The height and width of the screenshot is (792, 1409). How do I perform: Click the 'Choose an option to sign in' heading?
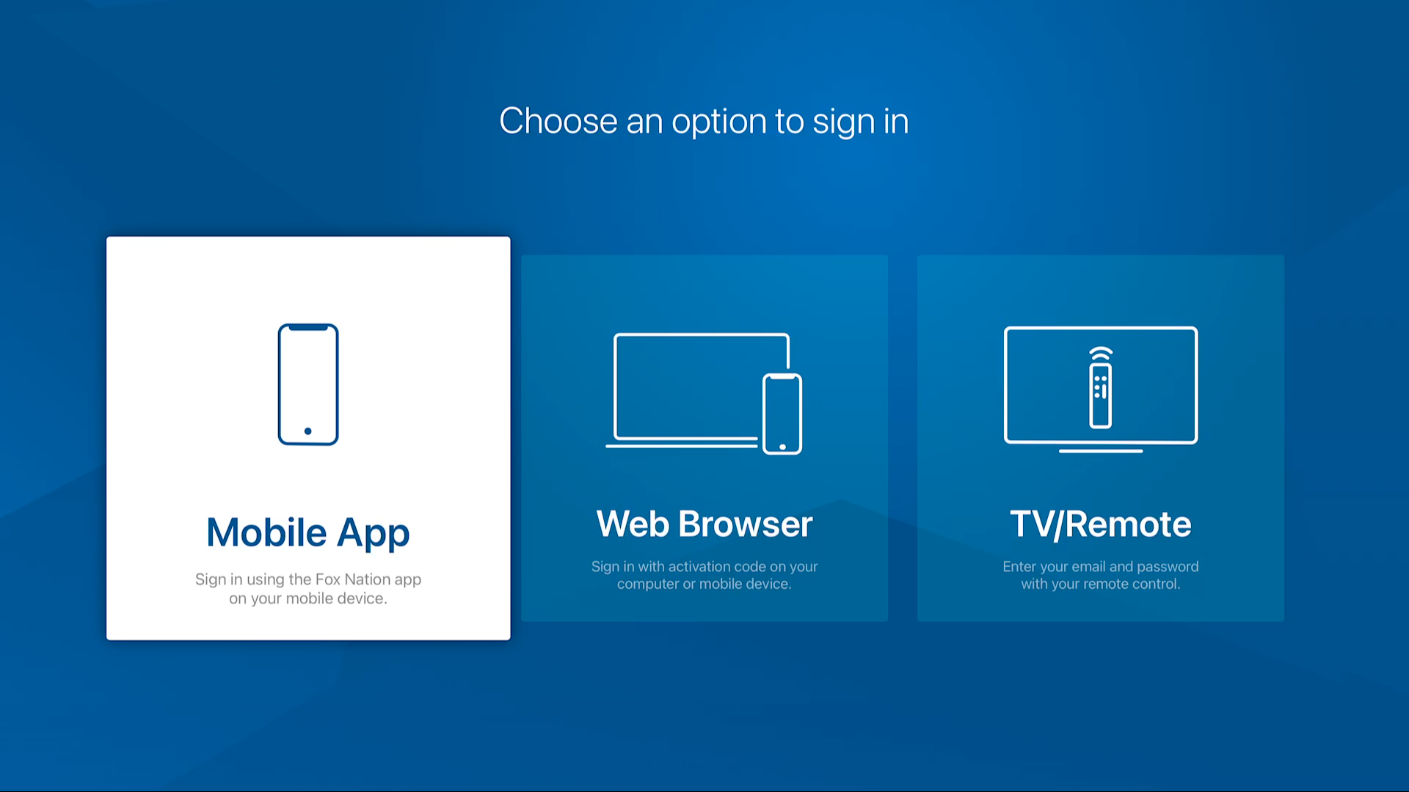[704, 121]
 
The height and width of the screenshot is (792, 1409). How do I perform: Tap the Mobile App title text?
[308, 533]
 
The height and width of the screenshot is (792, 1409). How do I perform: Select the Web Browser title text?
[704, 524]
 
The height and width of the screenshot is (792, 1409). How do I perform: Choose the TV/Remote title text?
[1101, 524]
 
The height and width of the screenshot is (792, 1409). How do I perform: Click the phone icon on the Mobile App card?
[308, 384]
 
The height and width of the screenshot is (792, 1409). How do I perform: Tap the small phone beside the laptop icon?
[782, 414]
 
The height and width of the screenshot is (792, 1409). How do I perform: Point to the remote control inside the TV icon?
[1100, 396]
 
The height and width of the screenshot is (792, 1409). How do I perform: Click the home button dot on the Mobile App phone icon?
[308, 431]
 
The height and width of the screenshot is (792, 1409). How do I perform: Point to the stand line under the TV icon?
[1101, 451]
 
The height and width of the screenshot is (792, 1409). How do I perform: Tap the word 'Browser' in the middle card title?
[746, 524]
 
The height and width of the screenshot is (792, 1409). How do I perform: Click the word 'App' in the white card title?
[374, 534]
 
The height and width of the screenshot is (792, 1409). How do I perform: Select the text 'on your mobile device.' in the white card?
[308, 599]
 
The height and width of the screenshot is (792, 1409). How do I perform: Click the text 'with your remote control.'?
[1101, 584]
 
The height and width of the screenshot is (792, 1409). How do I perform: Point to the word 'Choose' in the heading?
[558, 121]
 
